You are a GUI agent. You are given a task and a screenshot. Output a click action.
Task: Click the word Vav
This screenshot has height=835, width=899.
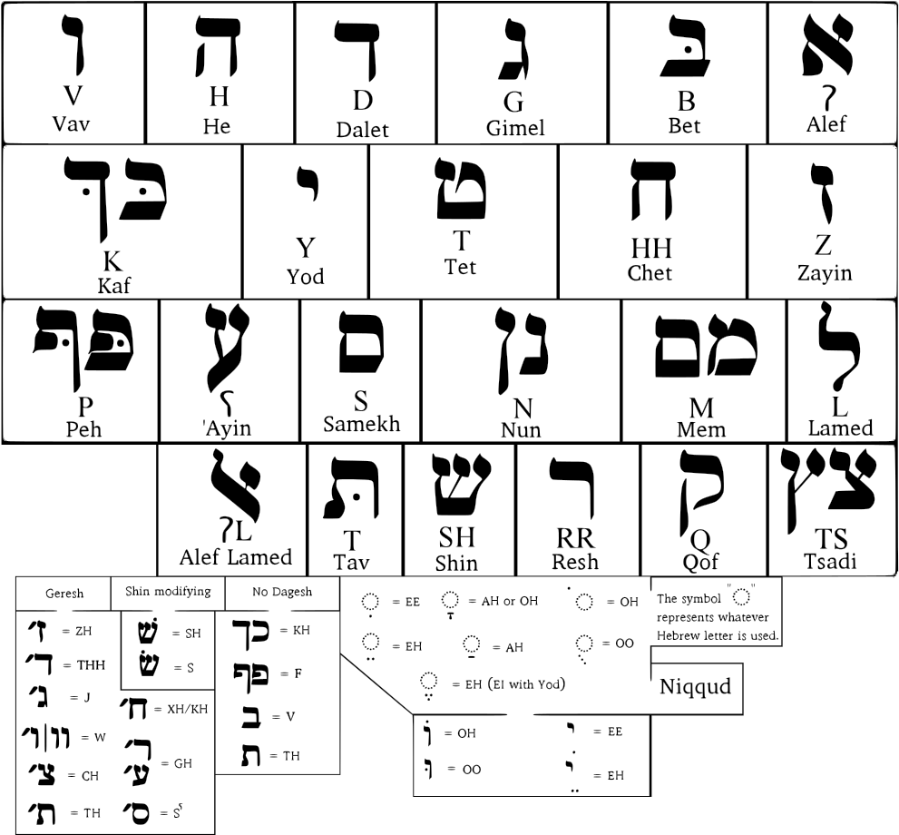pyautogui.click(x=72, y=123)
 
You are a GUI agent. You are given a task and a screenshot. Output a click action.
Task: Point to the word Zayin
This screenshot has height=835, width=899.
pyautogui.click(x=824, y=271)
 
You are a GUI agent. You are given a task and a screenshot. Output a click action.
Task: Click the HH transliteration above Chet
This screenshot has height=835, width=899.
pyautogui.click(x=651, y=248)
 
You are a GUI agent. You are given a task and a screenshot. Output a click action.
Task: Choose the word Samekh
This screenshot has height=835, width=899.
pyautogui.click(x=362, y=424)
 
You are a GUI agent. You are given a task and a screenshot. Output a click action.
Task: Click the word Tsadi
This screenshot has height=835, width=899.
pyautogui.click(x=830, y=560)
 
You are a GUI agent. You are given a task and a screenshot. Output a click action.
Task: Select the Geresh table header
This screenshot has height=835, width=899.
pyautogui.click(x=64, y=594)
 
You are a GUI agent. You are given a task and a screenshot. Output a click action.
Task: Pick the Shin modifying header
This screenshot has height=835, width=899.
pyautogui.click(x=168, y=592)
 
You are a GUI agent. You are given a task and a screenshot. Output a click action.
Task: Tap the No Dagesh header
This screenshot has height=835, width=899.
pyautogui.click(x=282, y=592)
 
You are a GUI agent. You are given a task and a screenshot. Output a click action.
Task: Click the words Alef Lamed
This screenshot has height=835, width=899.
pyautogui.click(x=236, y=557)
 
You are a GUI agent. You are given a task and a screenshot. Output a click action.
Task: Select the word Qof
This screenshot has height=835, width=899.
pyautogui.click(x=699, y=562)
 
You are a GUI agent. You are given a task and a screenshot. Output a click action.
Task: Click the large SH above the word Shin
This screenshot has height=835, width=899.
pyautogui.click(x=456, y=539)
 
